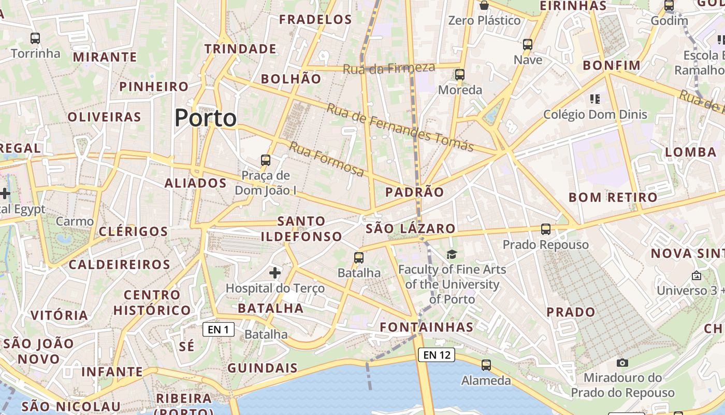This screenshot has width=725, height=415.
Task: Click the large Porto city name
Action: [x=206, y=118]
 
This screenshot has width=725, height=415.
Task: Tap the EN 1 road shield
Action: [x=218, y=329]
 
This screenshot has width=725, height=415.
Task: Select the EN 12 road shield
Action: [x=437, y=355]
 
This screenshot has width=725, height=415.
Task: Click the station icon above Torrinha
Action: [x=35, y=38]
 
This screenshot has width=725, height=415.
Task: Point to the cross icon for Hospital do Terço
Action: [x=275, y=272]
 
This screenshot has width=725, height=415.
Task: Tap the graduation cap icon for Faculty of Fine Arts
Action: [x=452, y=254]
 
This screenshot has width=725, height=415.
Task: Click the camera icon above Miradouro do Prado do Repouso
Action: [x=622, y=363]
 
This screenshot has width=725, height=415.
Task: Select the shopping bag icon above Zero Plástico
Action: [x=484, y=5]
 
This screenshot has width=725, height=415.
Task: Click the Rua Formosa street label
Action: [x=326, y=159]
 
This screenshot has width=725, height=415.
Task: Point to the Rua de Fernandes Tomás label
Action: [x=400, y=128]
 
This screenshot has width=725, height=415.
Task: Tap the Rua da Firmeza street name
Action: [x=389, y=68]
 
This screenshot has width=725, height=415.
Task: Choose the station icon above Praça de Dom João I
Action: [x=266, y=160]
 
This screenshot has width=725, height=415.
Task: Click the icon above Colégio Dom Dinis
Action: [x=594, y=99]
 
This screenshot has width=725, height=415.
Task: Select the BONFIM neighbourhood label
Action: [x=612, y=65]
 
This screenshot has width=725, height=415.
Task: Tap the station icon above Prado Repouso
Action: [x=545, y=229]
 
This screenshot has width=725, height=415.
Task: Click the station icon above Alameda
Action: [x=486, y=365]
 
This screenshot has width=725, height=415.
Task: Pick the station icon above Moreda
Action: [x=460, y=74]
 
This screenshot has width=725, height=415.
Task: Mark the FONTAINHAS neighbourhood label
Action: [x=426, y=327]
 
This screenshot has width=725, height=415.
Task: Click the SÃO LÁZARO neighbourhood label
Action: [x=410, y=228]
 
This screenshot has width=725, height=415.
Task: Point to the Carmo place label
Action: [x=75, y=222]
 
